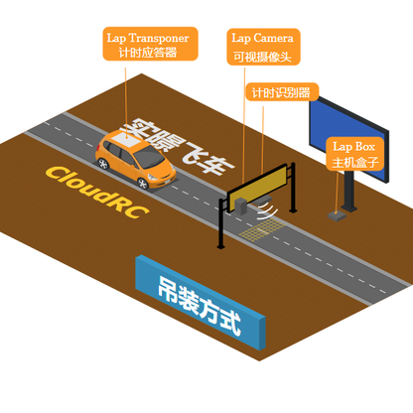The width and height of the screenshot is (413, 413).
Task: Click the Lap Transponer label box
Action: coord(152,45)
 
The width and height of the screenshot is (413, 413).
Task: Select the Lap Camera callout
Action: coord(262,46)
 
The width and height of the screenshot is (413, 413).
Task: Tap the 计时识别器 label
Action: coord(281,91)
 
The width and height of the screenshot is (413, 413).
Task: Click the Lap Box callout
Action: coord(354,154)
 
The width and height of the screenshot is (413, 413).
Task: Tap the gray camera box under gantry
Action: coord(244,206)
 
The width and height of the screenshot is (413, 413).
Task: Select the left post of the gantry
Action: coord(219,222)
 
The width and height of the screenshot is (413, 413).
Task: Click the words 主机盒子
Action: coord(354,162)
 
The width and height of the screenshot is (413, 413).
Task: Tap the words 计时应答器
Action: coord(152,53)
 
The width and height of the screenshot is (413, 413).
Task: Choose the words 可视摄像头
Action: coord(262,58)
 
